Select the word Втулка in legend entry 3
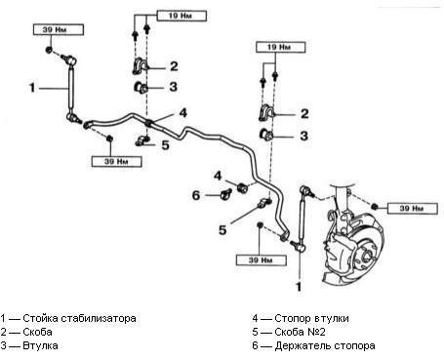pos(40,345)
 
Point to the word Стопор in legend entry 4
pos(291,318)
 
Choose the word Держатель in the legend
pos(302,345)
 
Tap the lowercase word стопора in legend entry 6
pos(353,346)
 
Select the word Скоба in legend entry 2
pos(37,332)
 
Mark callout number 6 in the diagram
pos(196,195)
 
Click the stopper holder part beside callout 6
pos(225,194)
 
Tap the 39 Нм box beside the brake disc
pos(413,208)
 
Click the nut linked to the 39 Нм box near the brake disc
pos(375,206)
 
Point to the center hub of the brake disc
pos(367,255)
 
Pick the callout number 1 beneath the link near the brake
pos(299,287)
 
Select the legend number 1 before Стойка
pos(3,318)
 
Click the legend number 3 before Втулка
pos(3,345)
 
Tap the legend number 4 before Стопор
pos(255,318)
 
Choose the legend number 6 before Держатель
pos(255,345)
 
